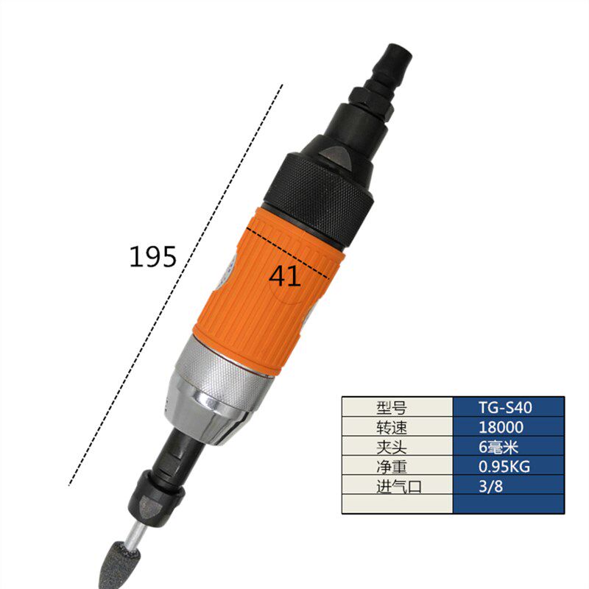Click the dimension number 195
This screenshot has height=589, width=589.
[x=153, y=256]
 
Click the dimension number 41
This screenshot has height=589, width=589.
[x=285, y=277]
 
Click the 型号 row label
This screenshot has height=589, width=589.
[x=392, y=408]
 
